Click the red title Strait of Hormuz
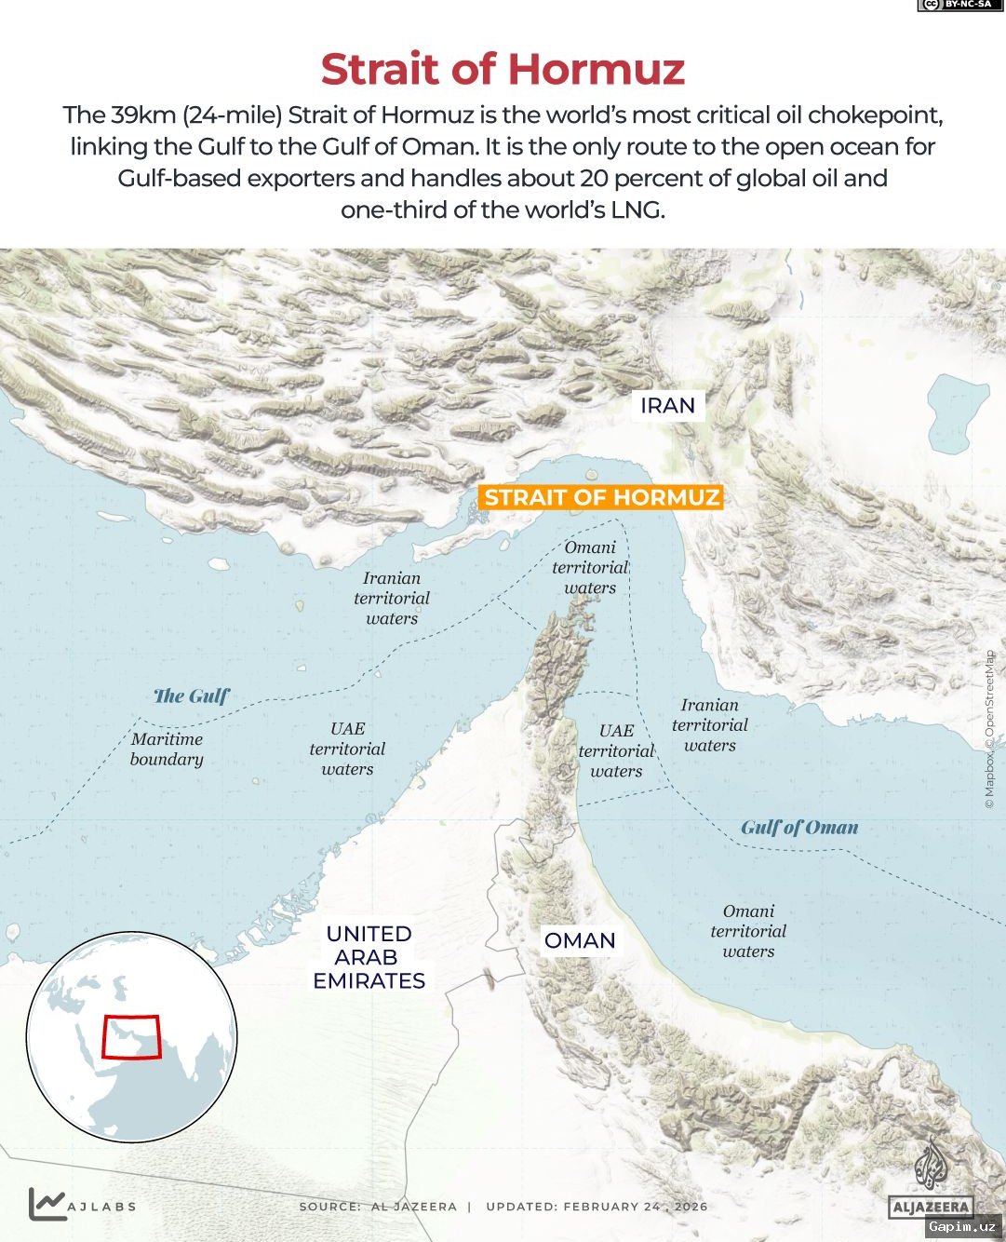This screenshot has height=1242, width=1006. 503,70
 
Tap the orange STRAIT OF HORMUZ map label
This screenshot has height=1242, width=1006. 601,497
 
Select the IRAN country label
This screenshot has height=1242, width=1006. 667,406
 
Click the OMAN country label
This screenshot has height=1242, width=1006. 580,940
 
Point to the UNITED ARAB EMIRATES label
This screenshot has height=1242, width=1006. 369,957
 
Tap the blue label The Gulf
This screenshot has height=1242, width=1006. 191,696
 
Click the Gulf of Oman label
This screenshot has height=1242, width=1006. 799,828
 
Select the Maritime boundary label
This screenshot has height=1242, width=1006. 167,749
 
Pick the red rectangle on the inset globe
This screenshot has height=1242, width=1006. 131,1036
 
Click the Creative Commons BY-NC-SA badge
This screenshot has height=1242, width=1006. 954,6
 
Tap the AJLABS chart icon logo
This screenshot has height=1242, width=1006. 47,1204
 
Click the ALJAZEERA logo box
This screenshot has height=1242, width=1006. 931,1208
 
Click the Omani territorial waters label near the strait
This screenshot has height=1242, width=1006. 590,568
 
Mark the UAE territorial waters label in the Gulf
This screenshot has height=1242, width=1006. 347,749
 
